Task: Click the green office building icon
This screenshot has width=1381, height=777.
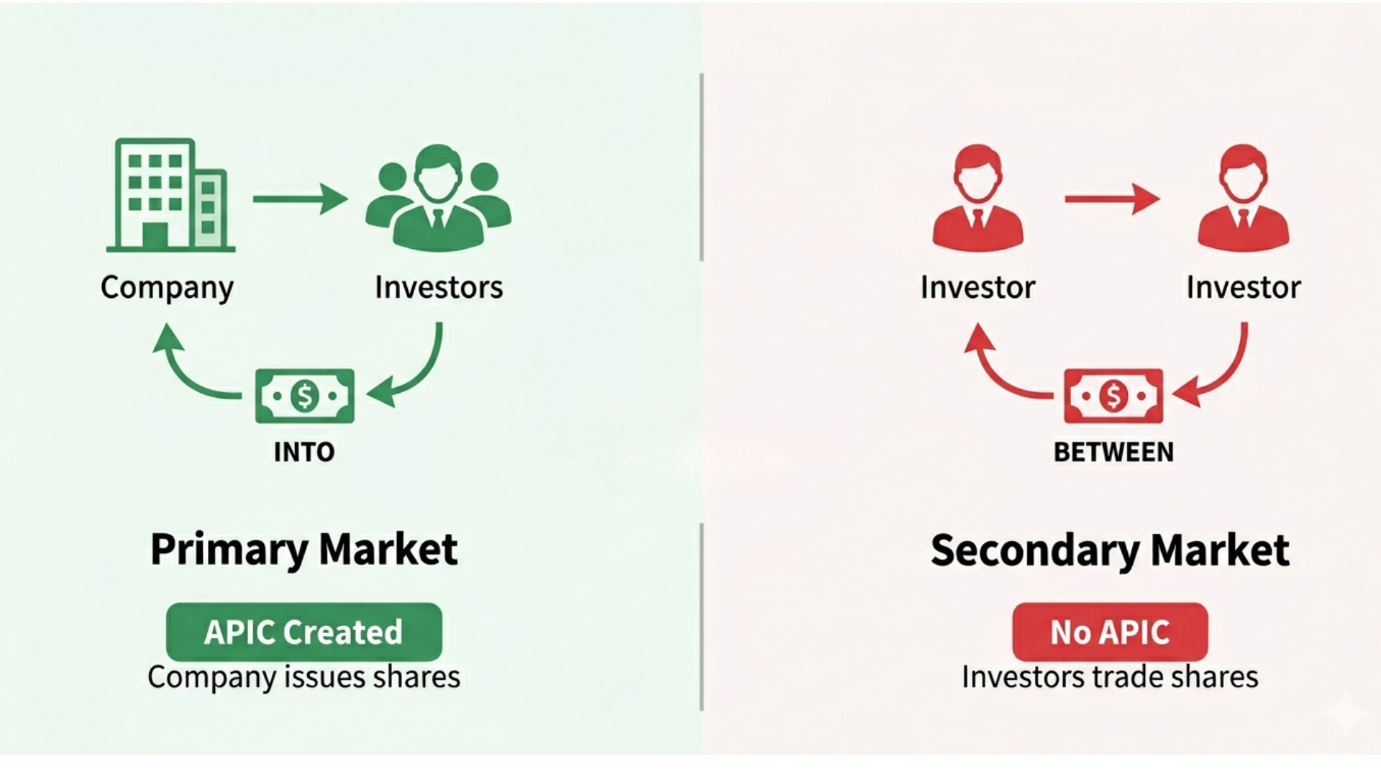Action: click(x=170, y=196)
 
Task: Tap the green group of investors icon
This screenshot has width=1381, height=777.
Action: click(x=438, y=199)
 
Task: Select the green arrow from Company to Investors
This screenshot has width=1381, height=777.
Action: click(x=300, y=199)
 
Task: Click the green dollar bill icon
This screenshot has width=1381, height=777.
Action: click(x=304, y=396)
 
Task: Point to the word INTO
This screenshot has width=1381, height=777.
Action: click(x=304, y=452)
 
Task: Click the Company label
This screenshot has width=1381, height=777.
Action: click(x=167, y=288)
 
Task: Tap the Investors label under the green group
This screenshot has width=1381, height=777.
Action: click(x=439, y=288)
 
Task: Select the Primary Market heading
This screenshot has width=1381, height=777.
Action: click(x=304, y=550)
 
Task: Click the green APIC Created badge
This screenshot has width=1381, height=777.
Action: click(x=304, y=632)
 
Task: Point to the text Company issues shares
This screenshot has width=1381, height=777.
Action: click(x=304, y=677)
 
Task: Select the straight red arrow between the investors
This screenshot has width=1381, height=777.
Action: click(x=1111, y=199)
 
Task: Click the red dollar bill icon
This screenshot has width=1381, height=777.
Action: click(x=1113, y=396)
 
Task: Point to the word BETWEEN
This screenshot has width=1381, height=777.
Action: click(x=1113, y=452)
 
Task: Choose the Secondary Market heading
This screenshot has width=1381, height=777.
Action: click(x=1110, y=550)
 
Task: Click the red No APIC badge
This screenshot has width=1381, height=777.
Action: click(x=1110, y=632)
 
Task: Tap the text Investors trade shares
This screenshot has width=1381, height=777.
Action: click(x=1110, y=677)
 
